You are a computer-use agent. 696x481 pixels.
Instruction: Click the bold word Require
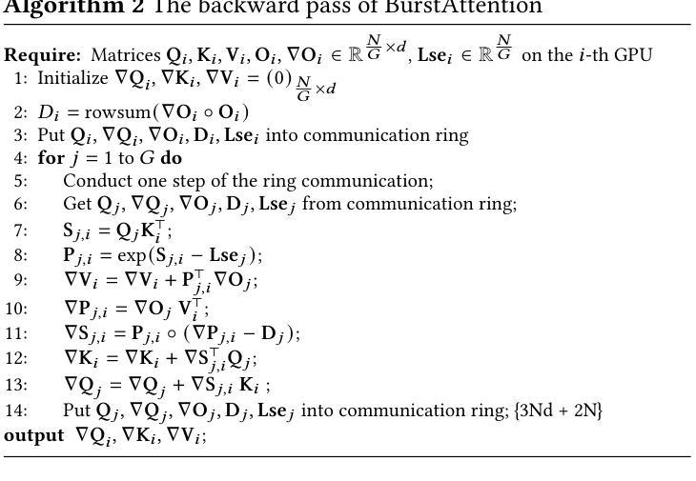pyautogui.click(x=42, y=55)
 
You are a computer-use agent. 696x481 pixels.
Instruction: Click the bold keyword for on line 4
pyautogui.click(x=50, y=158)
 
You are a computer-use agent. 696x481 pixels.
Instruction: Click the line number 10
pyautogui.click(x=16, y=308)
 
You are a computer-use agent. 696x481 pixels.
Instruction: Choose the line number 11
pyautogui.click(x=16, y=333)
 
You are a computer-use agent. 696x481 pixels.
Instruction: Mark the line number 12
pyautogui.click(x=16, y=359)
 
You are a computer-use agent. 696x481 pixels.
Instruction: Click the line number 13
pyautogui.click(x=16, y=385)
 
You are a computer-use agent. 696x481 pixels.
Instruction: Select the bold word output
pyautogui.click(x=34, y=435)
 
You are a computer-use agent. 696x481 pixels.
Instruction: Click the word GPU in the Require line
pyautogui.click(x=634, y=55)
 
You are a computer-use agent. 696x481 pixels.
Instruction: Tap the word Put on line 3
pyautogui.click(x=51, y=135)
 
